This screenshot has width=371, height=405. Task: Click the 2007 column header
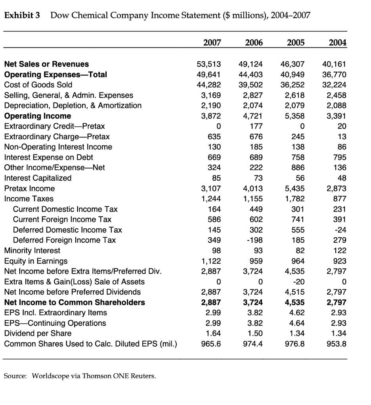pyautogui.click(x=212, y=42)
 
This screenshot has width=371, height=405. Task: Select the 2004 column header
pyautogui.click(x=338, y=42)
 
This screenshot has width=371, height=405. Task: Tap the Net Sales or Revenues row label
pyautogui.click(x=46, y=64)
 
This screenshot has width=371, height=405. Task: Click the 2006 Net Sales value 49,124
pyautogui.click(x=251, y=64)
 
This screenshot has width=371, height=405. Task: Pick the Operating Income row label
pyautogui.click(x=37, y=116)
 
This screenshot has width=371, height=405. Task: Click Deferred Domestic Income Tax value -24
pyautogui.click(x=340, y=230)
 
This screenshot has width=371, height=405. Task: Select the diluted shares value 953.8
pyautogui.click(x=338, y=344)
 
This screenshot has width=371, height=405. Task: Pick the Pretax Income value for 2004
pyautogui.click(x=337, y=188)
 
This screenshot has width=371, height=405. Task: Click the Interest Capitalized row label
pyautogui.click(x=38, y=178)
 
